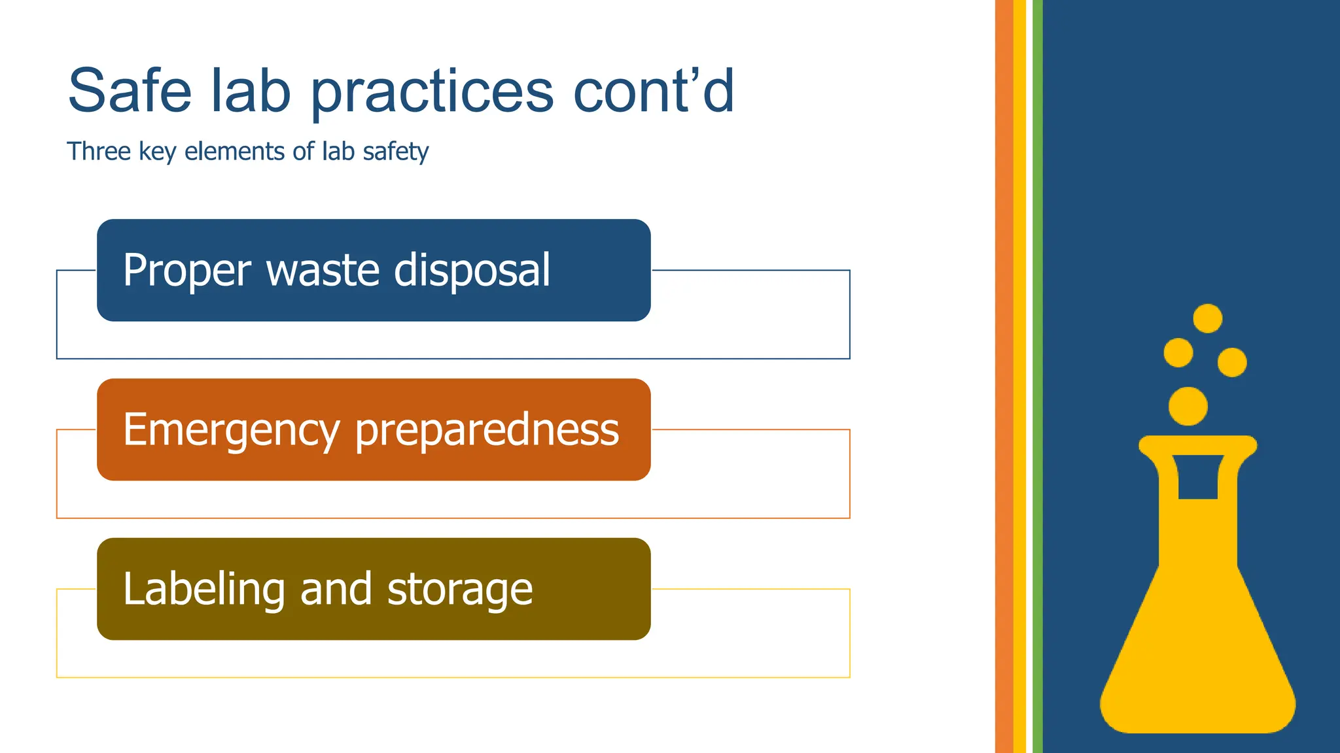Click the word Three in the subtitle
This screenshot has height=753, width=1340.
tap(99, 151)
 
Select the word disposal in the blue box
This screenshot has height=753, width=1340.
tap(472, 271)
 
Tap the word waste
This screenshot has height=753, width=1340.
tap(323, 271)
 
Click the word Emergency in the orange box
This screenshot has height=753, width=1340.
tap(231, 430)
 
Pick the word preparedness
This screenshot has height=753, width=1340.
tap(487, 430)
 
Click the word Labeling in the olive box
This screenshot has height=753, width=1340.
tap(203, 590)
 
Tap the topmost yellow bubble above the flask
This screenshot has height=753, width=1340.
tap(1207, 318)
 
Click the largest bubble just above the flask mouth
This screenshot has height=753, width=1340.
tap(1188, 406)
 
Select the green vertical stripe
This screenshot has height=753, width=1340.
tap(1037, 376)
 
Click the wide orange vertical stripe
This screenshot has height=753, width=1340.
tap(1004, 376)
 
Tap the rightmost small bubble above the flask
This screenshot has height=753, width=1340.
tap(1232, 362)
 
